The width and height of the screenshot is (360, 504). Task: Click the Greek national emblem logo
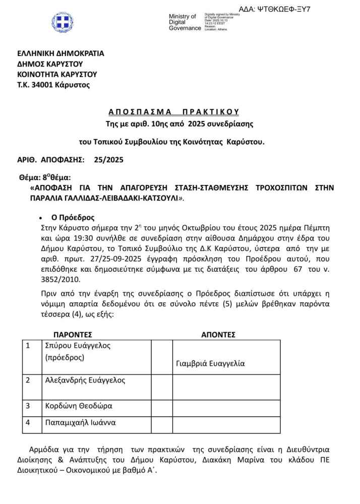click(x=63, y=23)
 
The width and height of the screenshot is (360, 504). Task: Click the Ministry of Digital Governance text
click(x=185, y=22)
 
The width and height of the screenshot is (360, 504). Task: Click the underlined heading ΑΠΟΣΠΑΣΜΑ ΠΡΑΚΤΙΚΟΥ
click(x=173, y=111)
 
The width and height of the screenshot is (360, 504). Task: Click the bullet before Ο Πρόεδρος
click(x=40, y=218)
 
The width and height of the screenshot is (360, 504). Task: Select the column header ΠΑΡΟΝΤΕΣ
click(x=73, y=335)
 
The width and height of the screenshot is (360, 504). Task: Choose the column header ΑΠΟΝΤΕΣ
click(x=218, y=335)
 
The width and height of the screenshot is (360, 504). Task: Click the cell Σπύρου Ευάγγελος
click(x=78, y=346)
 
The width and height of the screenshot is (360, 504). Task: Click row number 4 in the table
click(x=28, y=422)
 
